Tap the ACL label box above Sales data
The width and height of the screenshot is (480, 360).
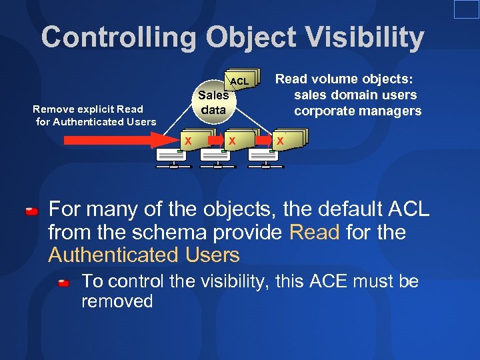tap(239, 81)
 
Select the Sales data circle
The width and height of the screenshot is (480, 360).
tap(213, 103)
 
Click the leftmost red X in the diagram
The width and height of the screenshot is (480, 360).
tap(188, 141)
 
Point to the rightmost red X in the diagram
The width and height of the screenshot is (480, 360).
tap(280, 141)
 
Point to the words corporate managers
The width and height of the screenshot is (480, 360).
tap(357, 111)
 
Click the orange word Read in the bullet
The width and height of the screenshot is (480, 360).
tap(315, 233)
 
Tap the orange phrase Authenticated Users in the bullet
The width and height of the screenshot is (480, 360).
tap(143, 255)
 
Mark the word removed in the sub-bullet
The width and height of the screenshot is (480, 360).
tap(117, 301)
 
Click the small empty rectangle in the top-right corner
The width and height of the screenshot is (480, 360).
tap(466, 9)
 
